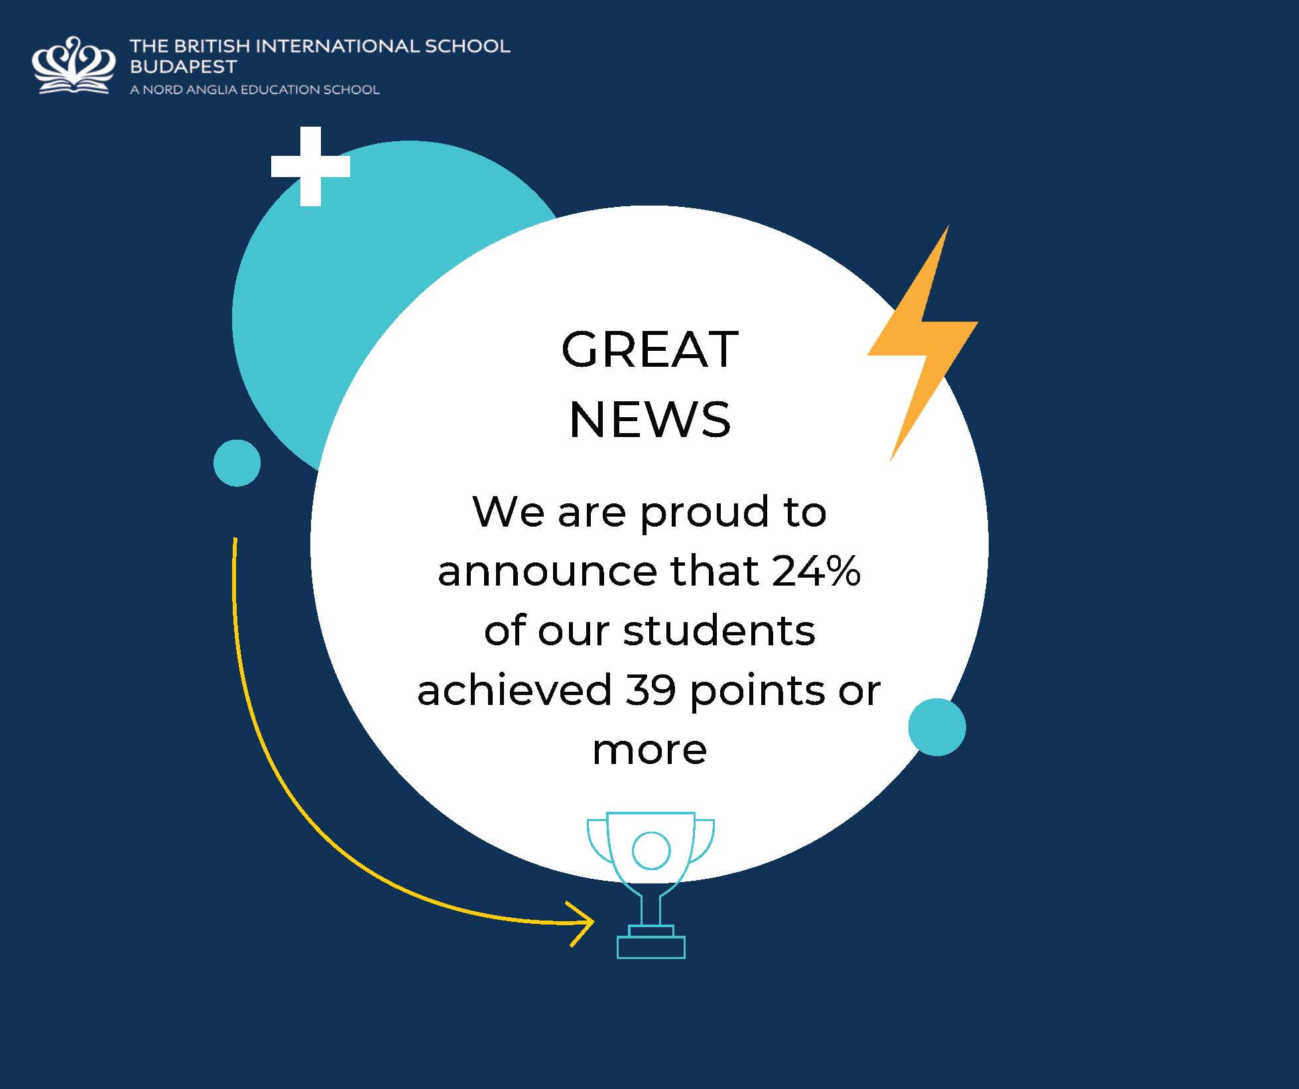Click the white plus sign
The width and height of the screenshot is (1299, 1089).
pyautogui.click(x=310, y=166)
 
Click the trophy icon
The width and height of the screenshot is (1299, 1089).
pyautogui.click(x=650, y=885)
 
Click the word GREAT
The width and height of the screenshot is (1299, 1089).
pyautogui.click(x=650, y=349)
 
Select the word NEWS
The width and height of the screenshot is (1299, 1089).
pyautogui.click(x=650, y=419)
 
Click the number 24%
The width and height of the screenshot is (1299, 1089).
pyautogui.click(x=816, y=570)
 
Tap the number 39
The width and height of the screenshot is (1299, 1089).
pyautogui.click(x=650, y=690)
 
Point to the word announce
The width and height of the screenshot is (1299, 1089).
pyautogui.click(x=552, y=572)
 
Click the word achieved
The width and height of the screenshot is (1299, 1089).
pyautogui.click(x=515, y=690)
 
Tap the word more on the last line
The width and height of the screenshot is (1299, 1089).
pyautogui.click(x=650, y=750)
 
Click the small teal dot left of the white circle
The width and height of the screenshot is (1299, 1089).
pyautogui.click(x=237, y=463)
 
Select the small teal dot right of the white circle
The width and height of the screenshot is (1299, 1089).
pyautogui.click(x=937, y=727)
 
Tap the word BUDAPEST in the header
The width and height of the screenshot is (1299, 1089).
pyautogui.click(x=183, y=66)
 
